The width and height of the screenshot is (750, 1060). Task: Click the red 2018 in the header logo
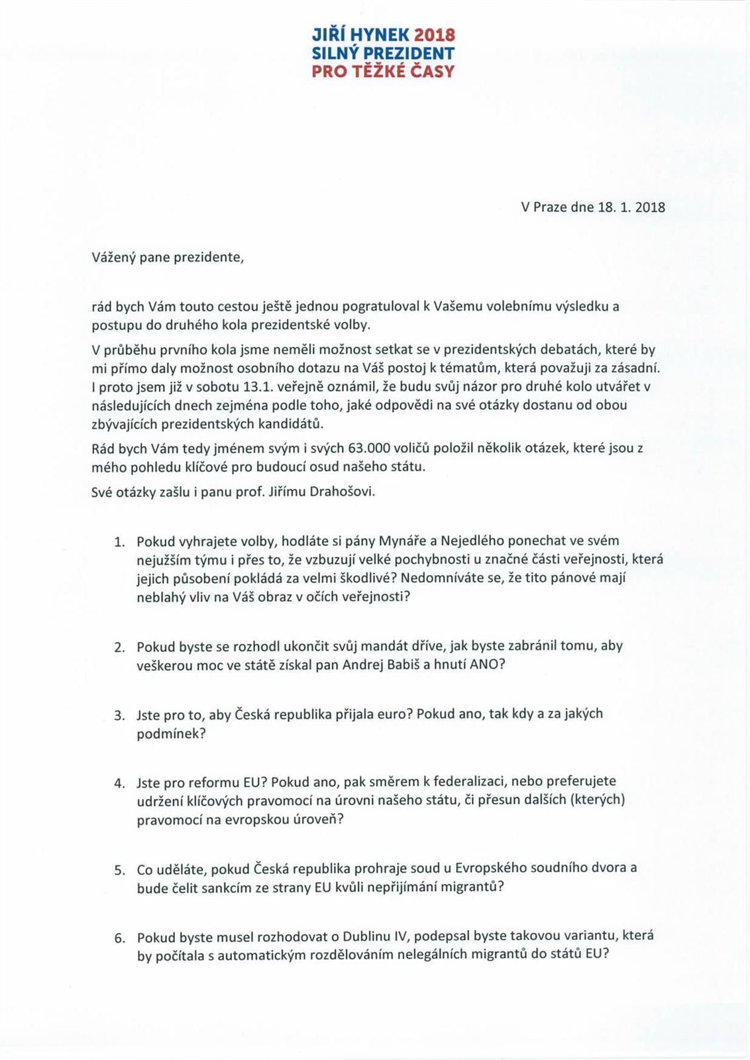(x=435, y=35)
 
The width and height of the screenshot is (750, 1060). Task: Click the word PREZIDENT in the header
(x=414, y=53)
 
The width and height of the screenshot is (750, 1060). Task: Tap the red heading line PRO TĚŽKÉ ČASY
(x=383, y=71)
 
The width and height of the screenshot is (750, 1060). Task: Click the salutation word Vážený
(x=113, y=257)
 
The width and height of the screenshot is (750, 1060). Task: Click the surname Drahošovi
(x=343, y=492)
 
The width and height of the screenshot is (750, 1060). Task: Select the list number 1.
(x=119, y=542)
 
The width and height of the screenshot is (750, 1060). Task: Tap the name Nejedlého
(x=477, y=541)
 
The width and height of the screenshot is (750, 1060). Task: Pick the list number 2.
(x=119, y=647)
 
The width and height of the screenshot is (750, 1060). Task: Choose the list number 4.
(x=119, y=783)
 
